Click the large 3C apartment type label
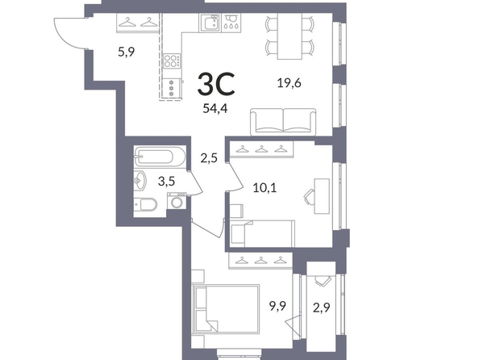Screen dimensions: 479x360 coord(216,84)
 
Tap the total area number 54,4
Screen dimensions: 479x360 coord(215,109)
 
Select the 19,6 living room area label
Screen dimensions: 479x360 coord(289,83)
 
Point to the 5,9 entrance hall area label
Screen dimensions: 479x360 coord(127,52)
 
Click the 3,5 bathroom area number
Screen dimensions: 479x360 coord(166,181)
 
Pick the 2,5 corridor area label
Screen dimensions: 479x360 coord(209,158)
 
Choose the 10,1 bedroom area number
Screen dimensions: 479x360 coord(264,187)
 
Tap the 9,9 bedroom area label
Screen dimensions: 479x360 coord(277,306)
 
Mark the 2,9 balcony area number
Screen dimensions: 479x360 coord(322,308)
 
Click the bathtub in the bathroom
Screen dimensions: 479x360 coord(159,157)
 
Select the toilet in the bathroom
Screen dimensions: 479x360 coord(145,205)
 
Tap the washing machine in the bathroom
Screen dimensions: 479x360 coord(177,202)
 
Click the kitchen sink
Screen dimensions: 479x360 coord(210,23)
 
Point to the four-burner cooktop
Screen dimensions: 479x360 coord(172,61)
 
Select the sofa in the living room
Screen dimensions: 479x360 coord(283,122)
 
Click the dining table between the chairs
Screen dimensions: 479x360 coord(289,36)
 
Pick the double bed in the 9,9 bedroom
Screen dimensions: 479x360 coord(226,308)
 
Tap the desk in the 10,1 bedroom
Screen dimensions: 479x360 coord(322,196)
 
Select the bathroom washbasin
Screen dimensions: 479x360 coord(140,181)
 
